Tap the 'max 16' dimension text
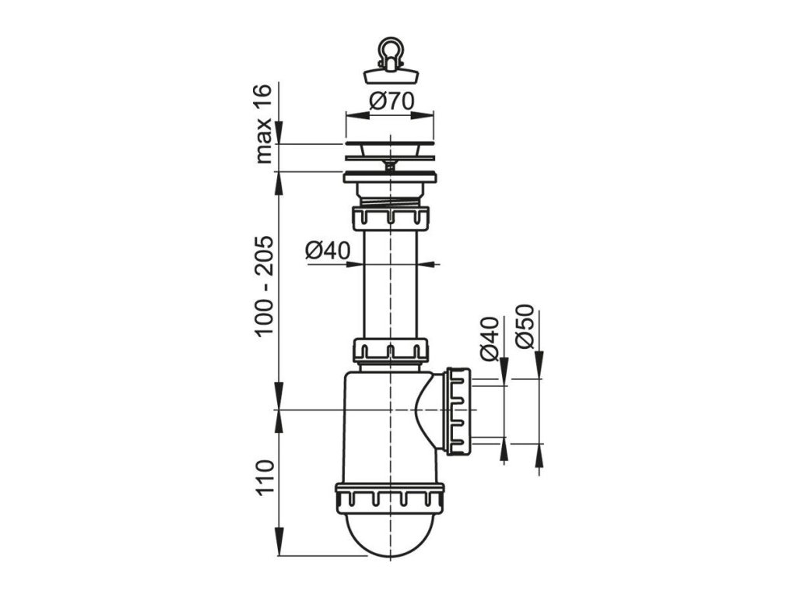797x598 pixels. pos(265,125)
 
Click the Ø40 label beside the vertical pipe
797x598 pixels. pos(328,250)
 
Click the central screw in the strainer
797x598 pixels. pos(389,163)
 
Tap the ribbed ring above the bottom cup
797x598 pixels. pos(389,496)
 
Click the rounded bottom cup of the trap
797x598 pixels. pos(389,533)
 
